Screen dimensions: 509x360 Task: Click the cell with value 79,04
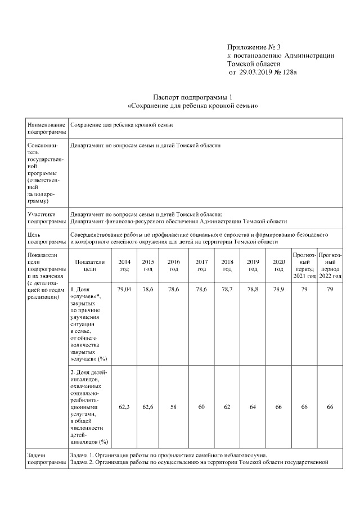pyautogui.click(x=124, y=289)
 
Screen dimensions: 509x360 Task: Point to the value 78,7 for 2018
pyautogui.click(x=227, y=289)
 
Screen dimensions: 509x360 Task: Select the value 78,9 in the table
pyautogui.click(x=278, y=289)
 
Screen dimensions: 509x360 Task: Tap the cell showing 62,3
pyautogui.click(x=124, y=406)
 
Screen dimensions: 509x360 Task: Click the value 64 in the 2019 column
pyautogui.click(x=253, y=406)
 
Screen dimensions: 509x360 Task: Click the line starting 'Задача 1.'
pyautogui.click(x=168, y=455)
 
